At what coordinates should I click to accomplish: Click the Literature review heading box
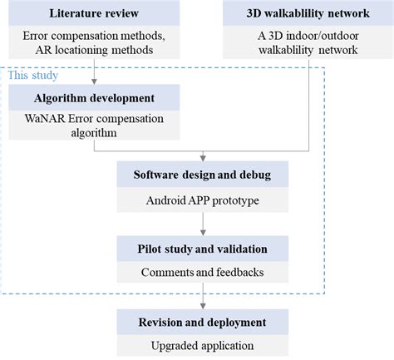coord(94,14)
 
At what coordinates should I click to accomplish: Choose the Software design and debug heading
coord(203,175)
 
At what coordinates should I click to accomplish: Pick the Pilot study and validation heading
coord(203,248)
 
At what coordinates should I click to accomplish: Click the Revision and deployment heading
coord(203,321)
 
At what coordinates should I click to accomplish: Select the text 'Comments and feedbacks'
coord(203,272)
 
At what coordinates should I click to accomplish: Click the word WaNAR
coord(45,119)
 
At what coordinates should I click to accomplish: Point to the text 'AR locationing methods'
coord(94,51)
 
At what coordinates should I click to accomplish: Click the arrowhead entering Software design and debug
coord(203,158)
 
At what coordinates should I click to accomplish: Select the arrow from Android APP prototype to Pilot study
coord(203,223)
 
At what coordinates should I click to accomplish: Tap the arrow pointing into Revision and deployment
coord(203,296)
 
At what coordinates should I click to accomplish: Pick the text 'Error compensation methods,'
coord(94,37)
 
